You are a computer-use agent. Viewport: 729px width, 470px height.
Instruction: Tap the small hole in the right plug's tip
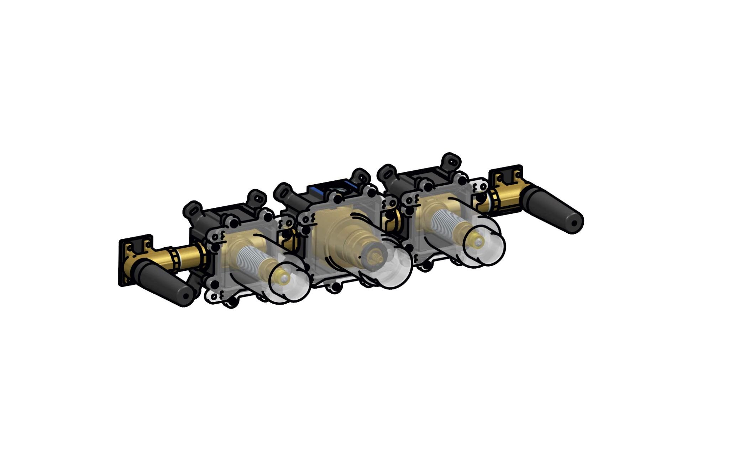[x=574, y=223]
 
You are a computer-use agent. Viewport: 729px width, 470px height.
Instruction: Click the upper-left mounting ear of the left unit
[x=192, y=210]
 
